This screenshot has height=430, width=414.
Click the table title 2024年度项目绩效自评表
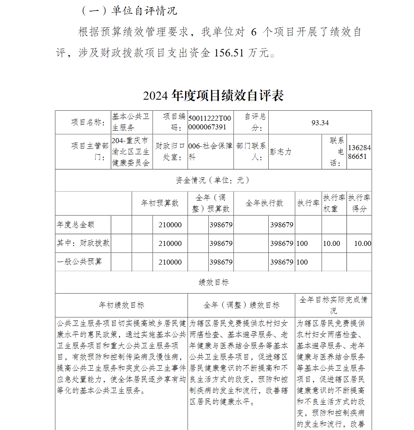(213, 96)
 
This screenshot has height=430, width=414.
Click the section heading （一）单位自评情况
(130, 11)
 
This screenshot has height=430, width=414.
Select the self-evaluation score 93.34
(320, 123)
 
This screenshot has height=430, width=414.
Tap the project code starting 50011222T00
(210, 123)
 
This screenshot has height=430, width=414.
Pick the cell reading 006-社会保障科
(210, 152)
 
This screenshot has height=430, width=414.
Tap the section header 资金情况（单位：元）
(213, 180)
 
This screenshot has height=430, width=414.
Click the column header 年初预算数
(160, 203)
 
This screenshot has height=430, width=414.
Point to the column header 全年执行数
(264, 203)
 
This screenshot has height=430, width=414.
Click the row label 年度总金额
(76, 225)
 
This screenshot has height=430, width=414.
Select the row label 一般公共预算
(79, 262)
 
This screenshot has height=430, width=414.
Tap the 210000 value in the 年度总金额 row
(170, 225)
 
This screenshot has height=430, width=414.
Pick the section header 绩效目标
(213, 282)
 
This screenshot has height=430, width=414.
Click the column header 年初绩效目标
(121, 305)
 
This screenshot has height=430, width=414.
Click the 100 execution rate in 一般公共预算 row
(302, 262)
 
